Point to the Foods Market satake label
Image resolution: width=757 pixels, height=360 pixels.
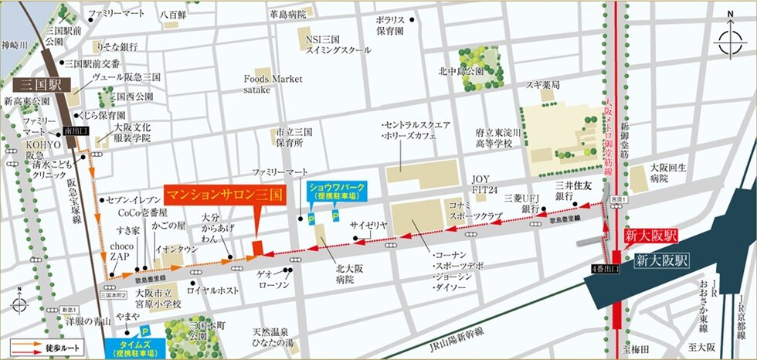point(273,83)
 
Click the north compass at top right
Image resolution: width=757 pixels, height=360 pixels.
point(728,41)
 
